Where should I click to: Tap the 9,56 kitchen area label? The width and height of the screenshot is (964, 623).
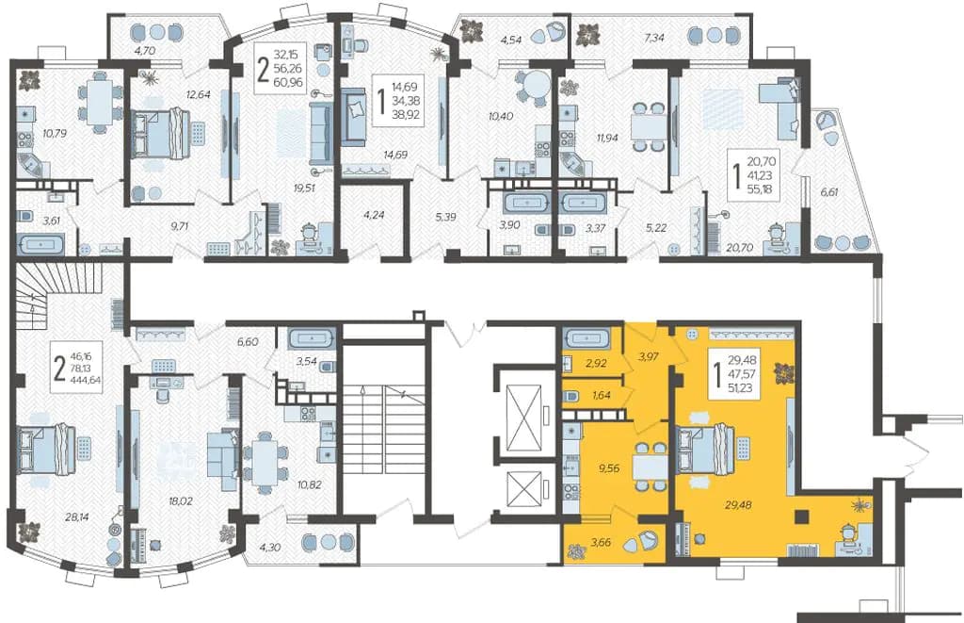(608, 467)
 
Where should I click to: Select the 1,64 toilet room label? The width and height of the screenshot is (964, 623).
(602, 396)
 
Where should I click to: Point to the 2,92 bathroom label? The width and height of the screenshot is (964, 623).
(596, 363)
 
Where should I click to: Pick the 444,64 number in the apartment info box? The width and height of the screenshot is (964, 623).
(87, 380)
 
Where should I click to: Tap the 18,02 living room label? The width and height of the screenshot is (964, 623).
(180, 501)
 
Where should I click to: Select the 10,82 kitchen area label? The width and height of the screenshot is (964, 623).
(309, 484)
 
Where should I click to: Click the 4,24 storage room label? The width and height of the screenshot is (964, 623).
(374, 216)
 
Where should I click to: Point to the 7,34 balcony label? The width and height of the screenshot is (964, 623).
(654, 38)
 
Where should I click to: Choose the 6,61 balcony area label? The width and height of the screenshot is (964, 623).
(828, 192)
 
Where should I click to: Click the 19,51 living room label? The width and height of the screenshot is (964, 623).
(304, 188)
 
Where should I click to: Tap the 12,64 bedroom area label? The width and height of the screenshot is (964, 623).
(199, 94)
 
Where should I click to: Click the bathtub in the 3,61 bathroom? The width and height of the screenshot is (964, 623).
(41, 244)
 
